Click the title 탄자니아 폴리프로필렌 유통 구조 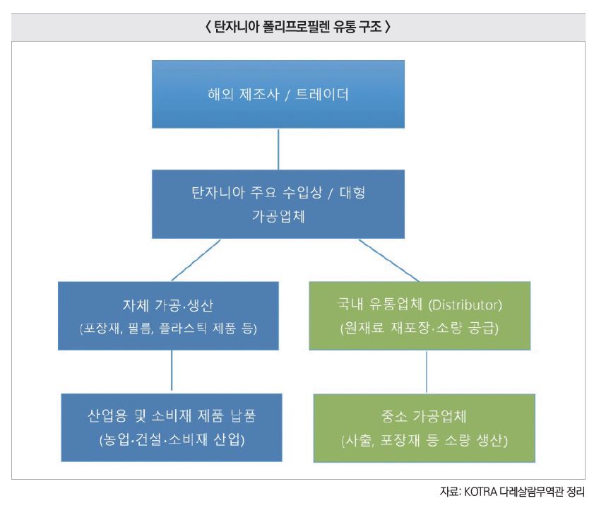[297, 28]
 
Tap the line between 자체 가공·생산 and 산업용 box [172, 372]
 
